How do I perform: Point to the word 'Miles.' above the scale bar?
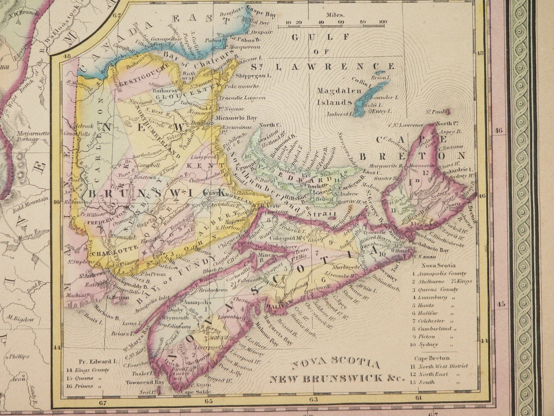pyautogui.click(x=335, y=15)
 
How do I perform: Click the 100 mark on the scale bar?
pyautogui.click(x=383, y=22)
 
